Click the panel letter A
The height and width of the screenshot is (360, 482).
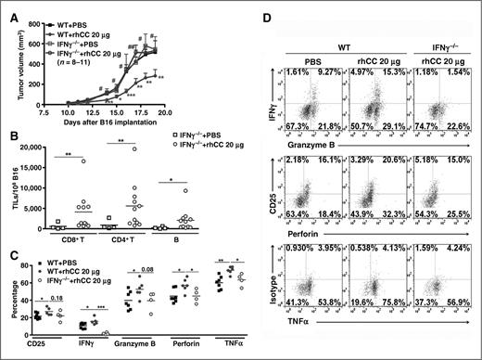pyautogui.click(x=7, y=7)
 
